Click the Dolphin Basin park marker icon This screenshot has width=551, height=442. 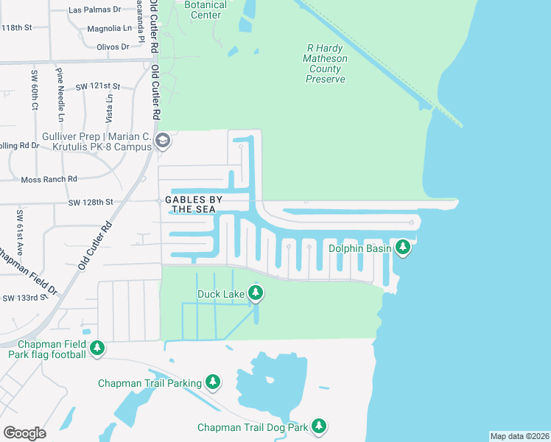(402, 248)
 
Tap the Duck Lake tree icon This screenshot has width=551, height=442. (256, 294)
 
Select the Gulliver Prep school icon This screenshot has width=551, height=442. (163, 140)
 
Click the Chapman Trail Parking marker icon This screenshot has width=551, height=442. (213, 382)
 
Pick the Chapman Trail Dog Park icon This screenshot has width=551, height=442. (318, 426)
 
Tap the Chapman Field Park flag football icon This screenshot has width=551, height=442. (96, 347)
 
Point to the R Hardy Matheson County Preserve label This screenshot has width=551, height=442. (325, 63)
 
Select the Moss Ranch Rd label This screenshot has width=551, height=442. (49, 179)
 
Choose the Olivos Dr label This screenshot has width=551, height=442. (113, 46)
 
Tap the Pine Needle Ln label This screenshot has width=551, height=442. (60, 94)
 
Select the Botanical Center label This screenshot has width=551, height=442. (206, 10)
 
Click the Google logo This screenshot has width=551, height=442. (24, 432)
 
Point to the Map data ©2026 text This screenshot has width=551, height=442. (519, 436)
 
